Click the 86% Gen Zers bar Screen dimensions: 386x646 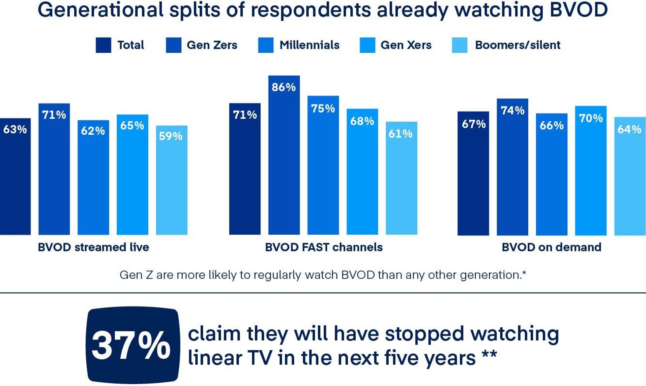(x=284, y=155)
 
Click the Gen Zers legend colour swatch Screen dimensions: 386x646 (x=173, y=45)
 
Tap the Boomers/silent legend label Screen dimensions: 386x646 (x=517, y=45)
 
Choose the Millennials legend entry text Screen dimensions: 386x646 (x=309, y=45)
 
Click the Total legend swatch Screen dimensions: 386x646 (x=103, y=45)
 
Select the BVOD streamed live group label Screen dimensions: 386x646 (x=93, y=247)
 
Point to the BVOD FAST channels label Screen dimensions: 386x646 (x=324, y=247)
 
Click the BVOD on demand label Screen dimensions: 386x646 (x=551, y=247)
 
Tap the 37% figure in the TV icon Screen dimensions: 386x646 (x=131, y=345)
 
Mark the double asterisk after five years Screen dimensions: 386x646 (x=489, y=356)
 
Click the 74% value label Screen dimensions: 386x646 (x=512, y=111)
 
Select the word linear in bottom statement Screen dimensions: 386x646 (x=214, y=358)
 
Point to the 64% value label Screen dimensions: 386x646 (x=629, y=129)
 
